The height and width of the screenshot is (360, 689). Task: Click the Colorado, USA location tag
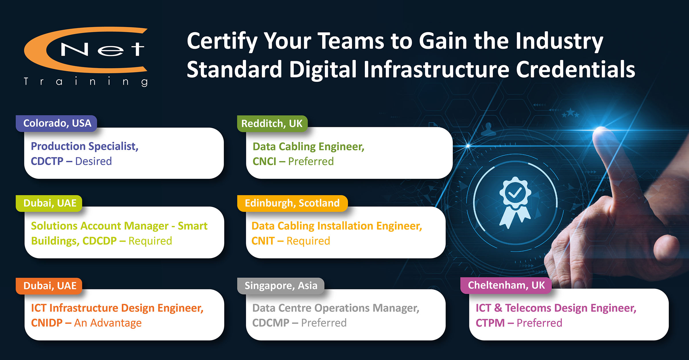point(57,123)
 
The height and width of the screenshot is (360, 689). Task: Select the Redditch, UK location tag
point(272,124)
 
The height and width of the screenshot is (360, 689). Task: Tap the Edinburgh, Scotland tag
point(292,203)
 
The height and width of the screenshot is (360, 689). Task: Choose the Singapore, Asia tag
point(281,286)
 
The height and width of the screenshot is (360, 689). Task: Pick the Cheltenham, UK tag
point(506,285)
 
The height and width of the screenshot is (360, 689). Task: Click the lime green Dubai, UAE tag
point(49,203)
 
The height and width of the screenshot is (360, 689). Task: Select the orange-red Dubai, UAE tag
point(49,286)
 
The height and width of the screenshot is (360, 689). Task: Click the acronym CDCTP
point(47,161)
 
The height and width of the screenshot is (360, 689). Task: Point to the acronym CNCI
point(264,162)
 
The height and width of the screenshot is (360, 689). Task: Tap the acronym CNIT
point(263,241)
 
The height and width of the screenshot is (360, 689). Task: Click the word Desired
point(93,161)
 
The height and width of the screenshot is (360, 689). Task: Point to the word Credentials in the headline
point(576,69)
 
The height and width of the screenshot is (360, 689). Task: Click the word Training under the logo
point(86,82)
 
